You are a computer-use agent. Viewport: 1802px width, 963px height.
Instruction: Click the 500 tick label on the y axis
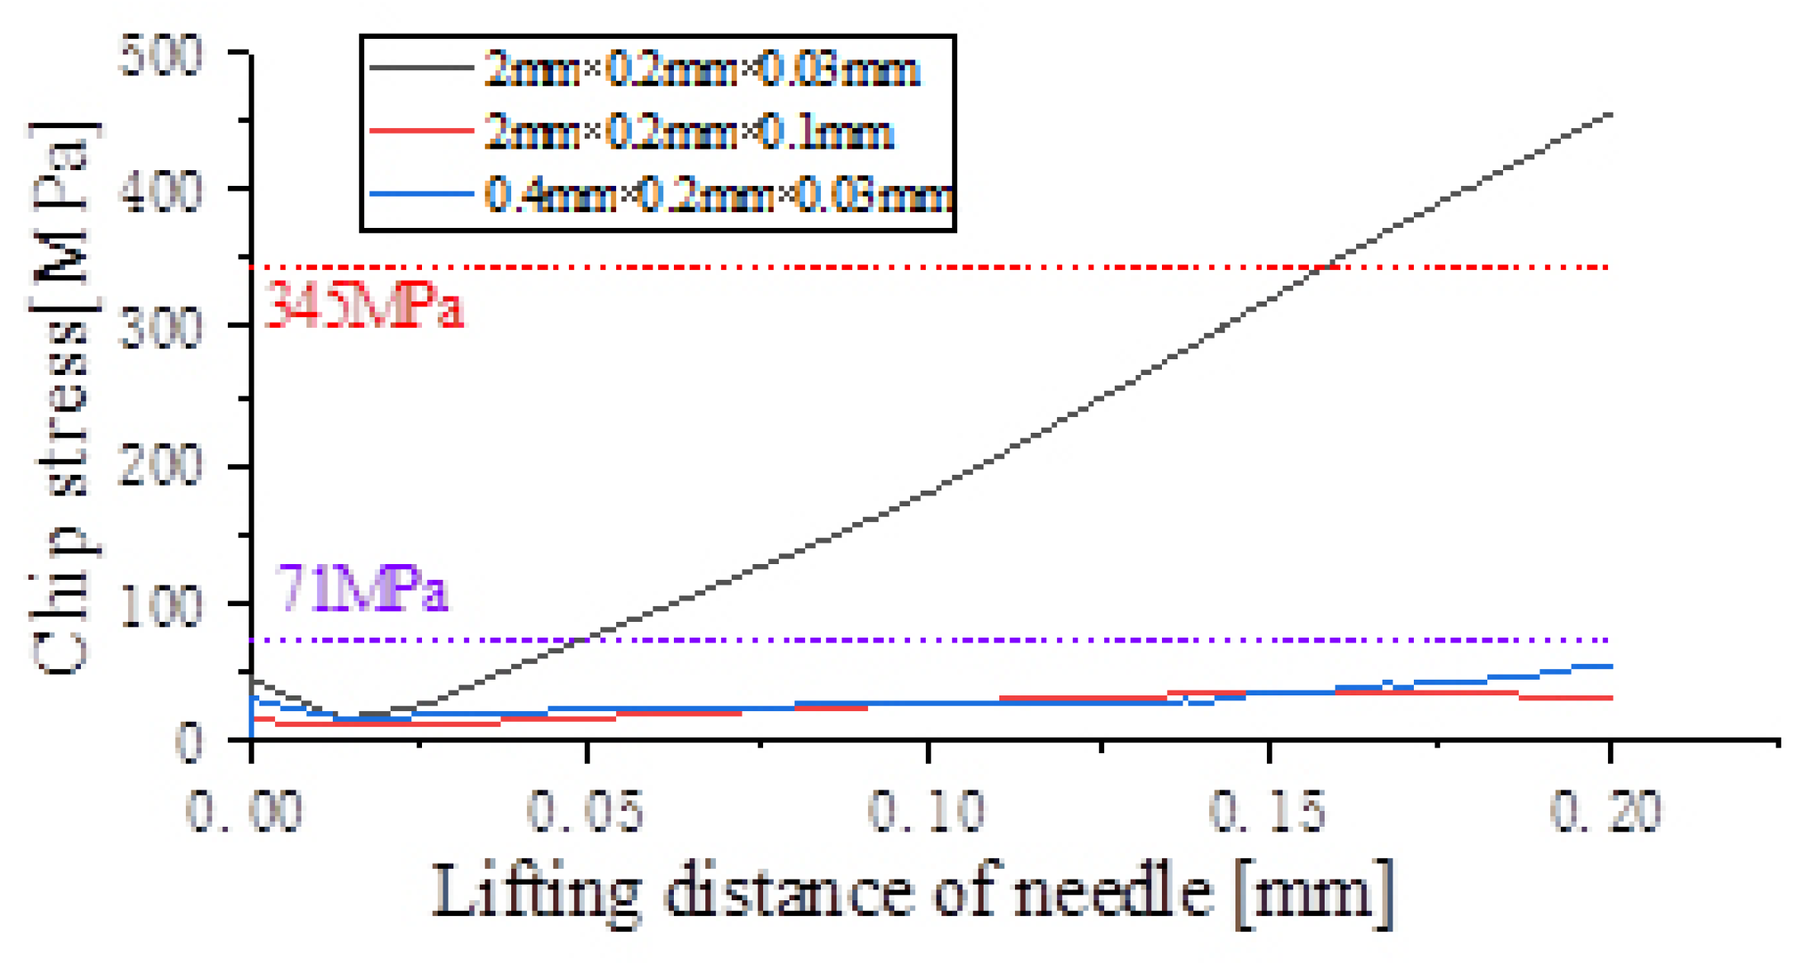[x=159, y=56]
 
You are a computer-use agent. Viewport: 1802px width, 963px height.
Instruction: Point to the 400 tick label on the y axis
[x=159, y=192]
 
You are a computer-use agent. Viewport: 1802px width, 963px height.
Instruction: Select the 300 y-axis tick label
[x=159, y=329]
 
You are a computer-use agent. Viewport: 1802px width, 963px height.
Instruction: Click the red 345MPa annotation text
[x=363, y=306]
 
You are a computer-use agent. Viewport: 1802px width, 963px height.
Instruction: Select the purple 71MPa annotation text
[x=362, y=589]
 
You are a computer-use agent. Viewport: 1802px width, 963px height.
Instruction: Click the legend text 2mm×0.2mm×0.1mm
[x=690, y=132]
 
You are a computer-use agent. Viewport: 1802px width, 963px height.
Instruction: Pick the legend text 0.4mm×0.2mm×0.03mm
[x=718, y=196]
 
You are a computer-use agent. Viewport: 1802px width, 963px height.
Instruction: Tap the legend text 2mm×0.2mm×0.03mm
[x=702, y=69]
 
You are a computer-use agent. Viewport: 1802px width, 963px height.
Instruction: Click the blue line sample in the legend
[x=421, y=195]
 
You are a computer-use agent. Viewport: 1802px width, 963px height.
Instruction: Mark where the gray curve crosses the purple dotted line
[x=588, y=639]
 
